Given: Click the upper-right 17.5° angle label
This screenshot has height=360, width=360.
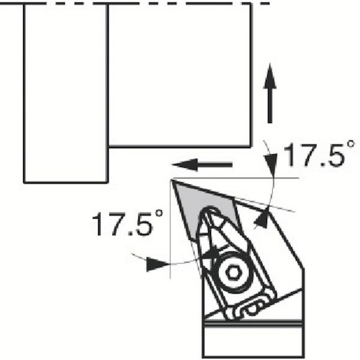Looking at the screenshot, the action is (319, 154).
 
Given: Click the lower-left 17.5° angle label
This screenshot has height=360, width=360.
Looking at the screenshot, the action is (127, 223).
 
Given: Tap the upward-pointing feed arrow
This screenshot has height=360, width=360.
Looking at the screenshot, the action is (270, 94).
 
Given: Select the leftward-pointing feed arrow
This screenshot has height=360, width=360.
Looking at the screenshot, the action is (202, 164).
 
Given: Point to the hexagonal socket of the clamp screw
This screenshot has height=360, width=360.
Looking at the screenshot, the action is (233, 273).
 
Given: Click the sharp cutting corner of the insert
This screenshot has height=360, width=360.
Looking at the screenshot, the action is (172, 180).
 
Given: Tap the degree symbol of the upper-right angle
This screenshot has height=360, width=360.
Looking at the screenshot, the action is (351, 144).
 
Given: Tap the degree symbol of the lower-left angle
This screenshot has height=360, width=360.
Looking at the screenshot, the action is (159, 213).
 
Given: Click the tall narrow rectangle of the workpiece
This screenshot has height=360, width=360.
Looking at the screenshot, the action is (65, 94).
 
